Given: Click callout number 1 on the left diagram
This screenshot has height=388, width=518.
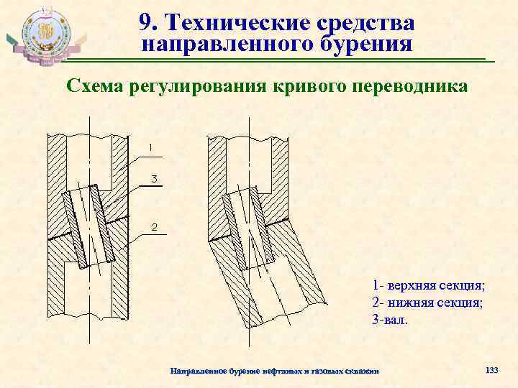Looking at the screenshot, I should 150,147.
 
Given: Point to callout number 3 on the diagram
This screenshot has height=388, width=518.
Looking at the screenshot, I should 153,177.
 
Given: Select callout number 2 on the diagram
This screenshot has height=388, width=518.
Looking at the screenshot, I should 153,228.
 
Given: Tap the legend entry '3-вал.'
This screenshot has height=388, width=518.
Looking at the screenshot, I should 390,319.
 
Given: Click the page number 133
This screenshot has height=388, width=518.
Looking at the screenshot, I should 492,369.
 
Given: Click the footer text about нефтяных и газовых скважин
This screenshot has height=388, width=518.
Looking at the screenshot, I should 273,370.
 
